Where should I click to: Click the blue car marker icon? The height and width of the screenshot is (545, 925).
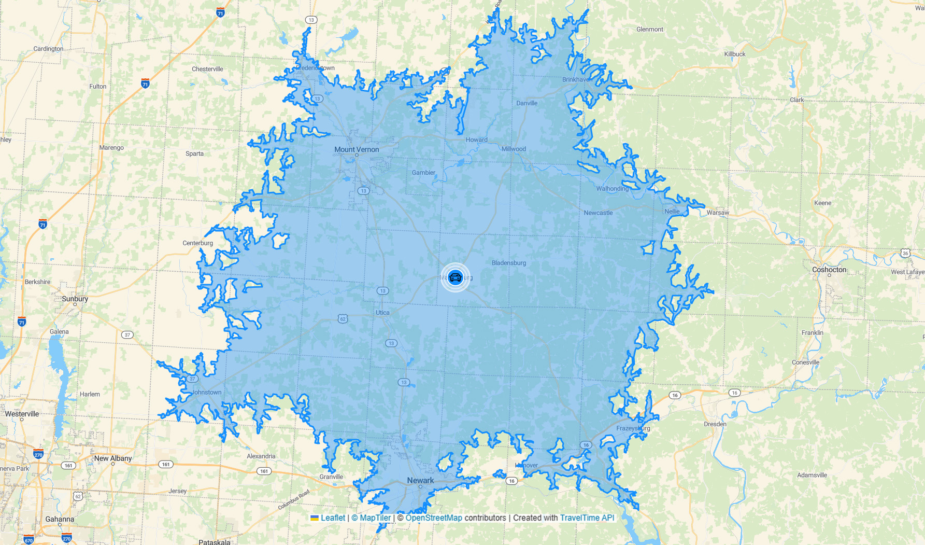pos(455,277)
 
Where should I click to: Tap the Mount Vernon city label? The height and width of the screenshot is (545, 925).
pos(357,149)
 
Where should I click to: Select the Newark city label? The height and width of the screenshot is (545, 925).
pos(420,480)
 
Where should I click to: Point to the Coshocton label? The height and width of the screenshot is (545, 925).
pos(829,270)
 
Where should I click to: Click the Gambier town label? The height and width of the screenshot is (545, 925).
pos(423,173)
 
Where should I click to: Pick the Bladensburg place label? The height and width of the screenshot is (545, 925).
pos(508,263)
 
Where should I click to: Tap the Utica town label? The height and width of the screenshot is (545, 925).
pos(382,313)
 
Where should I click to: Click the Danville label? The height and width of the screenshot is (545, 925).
pos(526,103)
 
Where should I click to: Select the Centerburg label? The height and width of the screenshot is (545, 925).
pos(197,243)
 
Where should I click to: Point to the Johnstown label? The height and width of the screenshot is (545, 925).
pos(207,393)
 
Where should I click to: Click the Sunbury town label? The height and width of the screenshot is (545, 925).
pos(75,299)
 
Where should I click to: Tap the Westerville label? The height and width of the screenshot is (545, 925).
pos(22,414)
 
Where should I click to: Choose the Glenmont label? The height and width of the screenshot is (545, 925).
pos(649,30)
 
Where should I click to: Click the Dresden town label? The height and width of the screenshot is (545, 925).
pos(715,424)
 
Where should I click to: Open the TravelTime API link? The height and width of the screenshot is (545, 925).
pos(587,518)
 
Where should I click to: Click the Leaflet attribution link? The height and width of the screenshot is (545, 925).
pos(332,518)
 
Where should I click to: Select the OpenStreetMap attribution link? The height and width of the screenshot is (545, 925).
pos(433,518)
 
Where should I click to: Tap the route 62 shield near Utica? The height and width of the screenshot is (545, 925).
pos(343,319)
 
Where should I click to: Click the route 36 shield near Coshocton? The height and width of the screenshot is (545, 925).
pos(905,253)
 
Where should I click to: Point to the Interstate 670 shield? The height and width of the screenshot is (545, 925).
pos(29,540)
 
